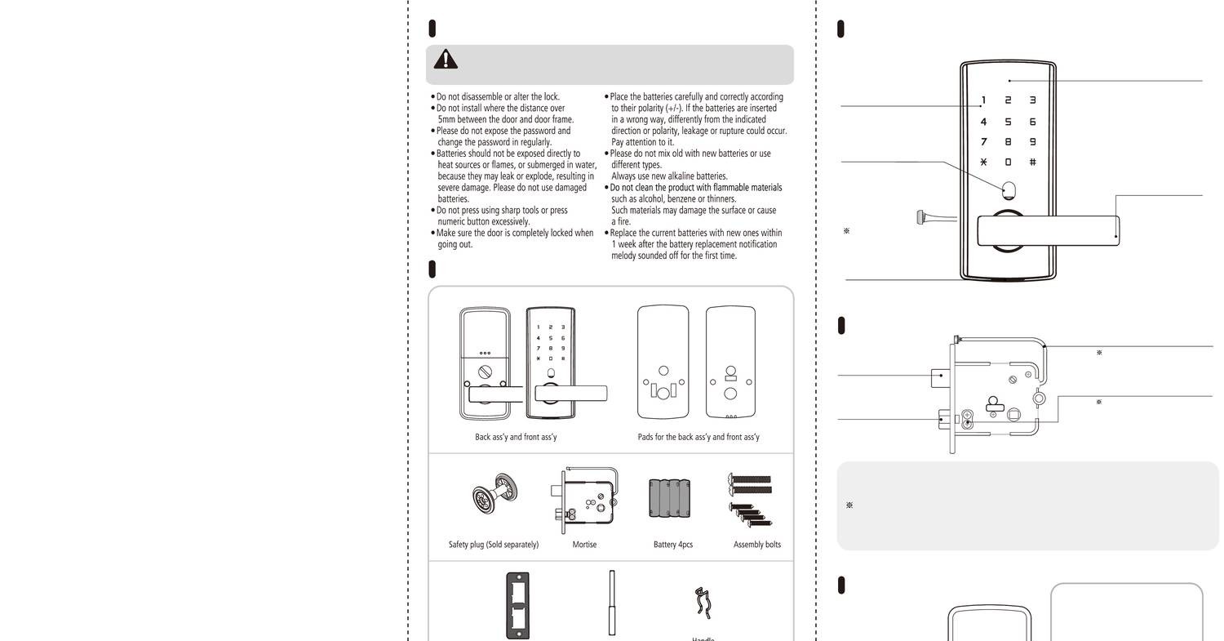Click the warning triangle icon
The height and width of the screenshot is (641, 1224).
tap(446, 59)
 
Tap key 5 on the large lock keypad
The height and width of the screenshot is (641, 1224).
tap(1008, 122)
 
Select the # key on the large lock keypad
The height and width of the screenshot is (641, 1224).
tap(1032, 162)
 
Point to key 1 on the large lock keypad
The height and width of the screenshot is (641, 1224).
tap(983, 100)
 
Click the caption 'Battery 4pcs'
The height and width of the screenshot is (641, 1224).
tap(673, 545)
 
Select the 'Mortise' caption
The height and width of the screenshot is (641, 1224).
tap(584, 545)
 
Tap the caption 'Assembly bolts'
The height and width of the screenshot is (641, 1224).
tap(756, 545)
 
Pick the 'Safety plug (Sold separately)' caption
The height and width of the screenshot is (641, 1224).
tap(494, 545)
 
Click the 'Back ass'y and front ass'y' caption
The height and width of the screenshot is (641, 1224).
tap(516, 437)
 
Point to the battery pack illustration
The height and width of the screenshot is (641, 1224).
tap(672, 498)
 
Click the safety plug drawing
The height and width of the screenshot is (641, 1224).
tap(494, 495)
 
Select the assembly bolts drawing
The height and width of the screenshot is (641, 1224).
tap(750, 499)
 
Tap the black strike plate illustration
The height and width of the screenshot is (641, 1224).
tap(517, 605)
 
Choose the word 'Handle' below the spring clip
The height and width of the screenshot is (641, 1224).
tap(703, 639)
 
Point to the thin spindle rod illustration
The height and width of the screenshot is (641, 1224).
tap(611, 603)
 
